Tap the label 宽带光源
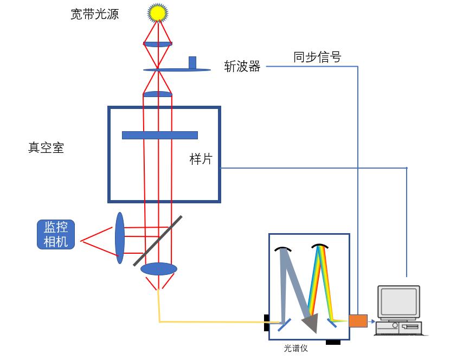point(95,14)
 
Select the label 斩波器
point(242,67)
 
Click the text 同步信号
point(317,57)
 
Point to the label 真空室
point(46,147)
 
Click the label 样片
point(201,159)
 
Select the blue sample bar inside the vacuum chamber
point(159,135)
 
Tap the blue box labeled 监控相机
point(56,234)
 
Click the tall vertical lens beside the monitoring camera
point(119,238)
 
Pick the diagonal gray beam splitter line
point(158,241)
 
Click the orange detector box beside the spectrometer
point(357,320)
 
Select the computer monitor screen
point(399,301)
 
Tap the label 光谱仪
point(295,348)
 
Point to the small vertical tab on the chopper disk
point(192,62)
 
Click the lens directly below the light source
point(158,44)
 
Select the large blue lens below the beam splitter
point(159,269)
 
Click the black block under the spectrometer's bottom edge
point(333,343)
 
